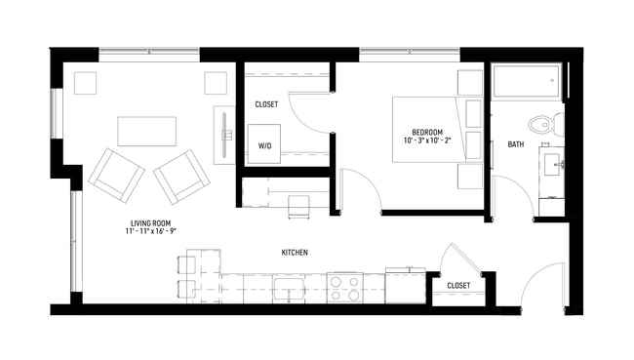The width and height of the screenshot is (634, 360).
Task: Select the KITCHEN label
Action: [295, 253]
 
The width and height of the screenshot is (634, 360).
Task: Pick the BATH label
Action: [515, 145]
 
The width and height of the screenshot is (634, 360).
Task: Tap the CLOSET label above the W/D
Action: [266, 103]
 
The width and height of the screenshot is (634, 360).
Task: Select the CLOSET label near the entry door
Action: [458, 286]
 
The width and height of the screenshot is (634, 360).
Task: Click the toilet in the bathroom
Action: [541, 125]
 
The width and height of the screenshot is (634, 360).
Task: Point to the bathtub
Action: [527, 82]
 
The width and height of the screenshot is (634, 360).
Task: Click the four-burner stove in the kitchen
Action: [343, 288]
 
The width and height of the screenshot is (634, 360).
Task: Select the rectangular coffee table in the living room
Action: [145, 131]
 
